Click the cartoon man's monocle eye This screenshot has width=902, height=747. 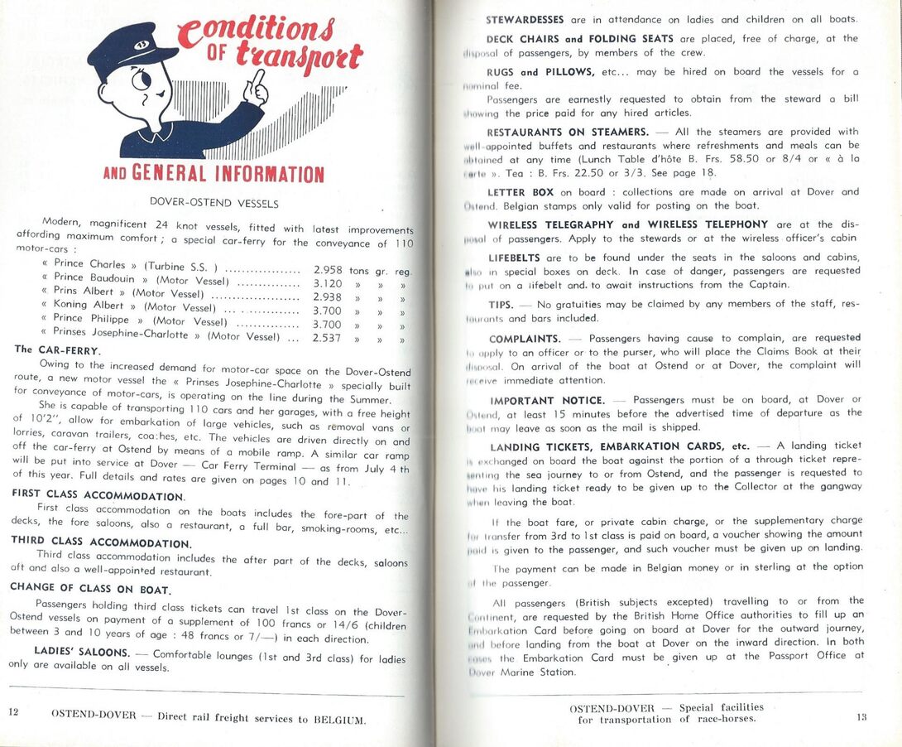[x=141, y=81]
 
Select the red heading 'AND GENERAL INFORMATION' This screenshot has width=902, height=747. [x=213, y=174]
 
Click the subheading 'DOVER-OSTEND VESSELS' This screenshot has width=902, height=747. [x=214, y=202]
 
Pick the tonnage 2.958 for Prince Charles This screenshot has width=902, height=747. [x=329, y=268]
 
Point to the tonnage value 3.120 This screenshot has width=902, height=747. [x=329, y=282]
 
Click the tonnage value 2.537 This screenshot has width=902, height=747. [x=327, y=338]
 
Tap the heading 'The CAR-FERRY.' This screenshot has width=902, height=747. [x=58, y=349]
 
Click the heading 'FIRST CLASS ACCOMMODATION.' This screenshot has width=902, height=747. [x=98, y=495]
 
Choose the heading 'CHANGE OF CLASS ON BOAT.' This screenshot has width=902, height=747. [x=91, y=588]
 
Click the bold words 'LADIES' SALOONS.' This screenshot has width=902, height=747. [x=81, y=652]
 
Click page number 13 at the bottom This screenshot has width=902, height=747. [x=861, y=716]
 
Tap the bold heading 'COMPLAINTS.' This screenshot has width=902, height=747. [x=525, y=339]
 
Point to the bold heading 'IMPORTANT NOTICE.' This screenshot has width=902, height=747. [x=546, y=400]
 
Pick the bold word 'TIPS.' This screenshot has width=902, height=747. [x=501, y=304]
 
